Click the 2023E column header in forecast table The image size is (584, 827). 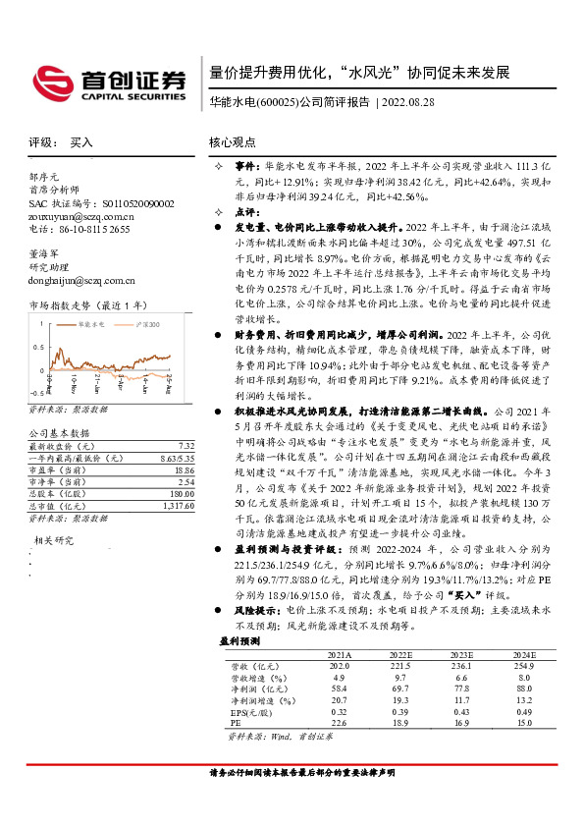pos(463,653)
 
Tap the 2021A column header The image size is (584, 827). pos(340,653)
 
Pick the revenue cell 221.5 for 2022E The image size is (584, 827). pos(401,666)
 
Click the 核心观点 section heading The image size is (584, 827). pos(235,141)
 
